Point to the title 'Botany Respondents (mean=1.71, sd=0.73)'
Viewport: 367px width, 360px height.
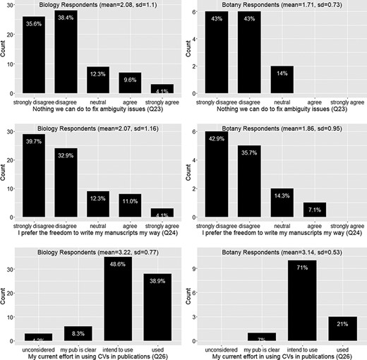pyautogui.click(x=281, y=4)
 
